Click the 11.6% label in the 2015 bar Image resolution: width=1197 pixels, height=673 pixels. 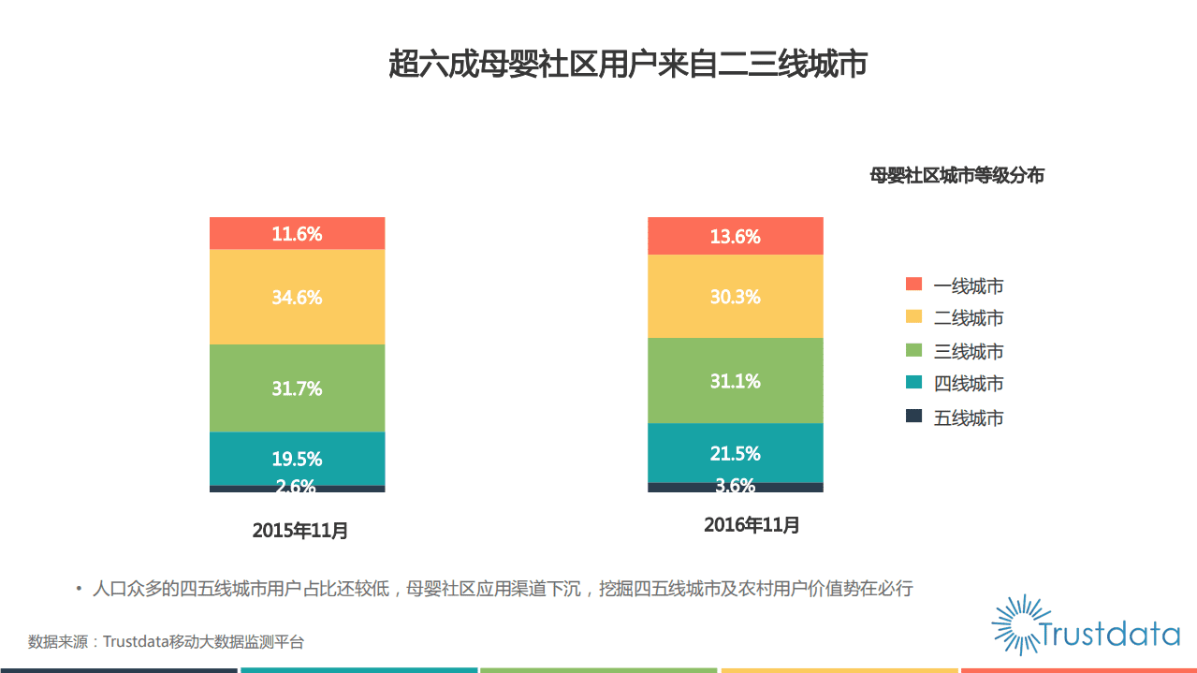tap(297, 234)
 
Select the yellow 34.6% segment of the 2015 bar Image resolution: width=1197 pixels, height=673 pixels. tap(297, 298)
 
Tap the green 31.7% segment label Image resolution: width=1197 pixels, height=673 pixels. tap(297, 388)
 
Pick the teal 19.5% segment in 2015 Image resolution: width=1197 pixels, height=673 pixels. tap(297, 459)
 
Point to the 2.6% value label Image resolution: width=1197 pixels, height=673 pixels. tap(297, 487)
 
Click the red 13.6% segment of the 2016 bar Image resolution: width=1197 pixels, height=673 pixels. tap(735, 237)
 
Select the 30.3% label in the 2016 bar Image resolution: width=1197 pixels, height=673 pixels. tap(735, 297)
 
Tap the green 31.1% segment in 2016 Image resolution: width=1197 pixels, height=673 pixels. tap(735, 381)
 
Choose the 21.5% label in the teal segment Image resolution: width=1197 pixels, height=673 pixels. tap(735, 454)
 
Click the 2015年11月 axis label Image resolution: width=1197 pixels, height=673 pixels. tap(300, 531)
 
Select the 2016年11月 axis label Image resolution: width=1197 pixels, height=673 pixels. tap(752, 525)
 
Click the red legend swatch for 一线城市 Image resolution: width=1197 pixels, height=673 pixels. tap(914, 285)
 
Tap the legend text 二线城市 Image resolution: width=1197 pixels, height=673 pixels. tap(969, 318)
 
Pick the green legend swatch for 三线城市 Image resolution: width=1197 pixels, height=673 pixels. tap(914, 350)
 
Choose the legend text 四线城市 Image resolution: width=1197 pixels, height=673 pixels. tap(969, 384)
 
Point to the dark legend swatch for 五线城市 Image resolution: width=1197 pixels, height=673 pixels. tap(914, 417)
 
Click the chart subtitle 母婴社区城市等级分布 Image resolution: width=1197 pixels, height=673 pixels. tap(956, 176)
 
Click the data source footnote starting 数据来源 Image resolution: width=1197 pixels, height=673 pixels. tap(166, 642)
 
